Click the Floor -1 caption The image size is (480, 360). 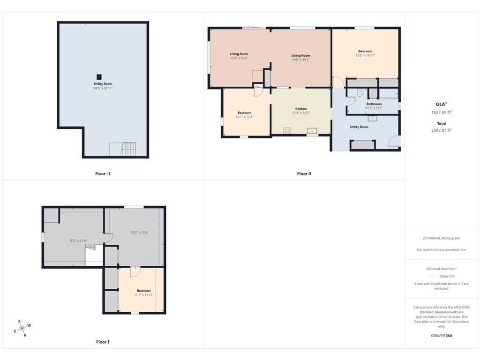point(103,173)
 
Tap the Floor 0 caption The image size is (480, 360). point(304,173)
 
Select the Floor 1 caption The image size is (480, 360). point(103,342)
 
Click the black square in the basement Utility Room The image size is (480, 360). point(99,77)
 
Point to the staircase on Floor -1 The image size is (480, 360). point(128,149)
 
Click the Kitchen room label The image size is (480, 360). point(301,109)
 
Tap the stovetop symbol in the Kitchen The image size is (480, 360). point(287,131)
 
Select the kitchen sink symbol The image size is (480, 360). point(312,131)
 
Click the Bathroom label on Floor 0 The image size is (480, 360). point(374,104)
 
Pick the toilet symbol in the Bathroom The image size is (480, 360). point(360,92)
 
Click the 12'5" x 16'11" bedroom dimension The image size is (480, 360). point(365,55)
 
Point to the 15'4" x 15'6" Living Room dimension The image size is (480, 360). point(239,58)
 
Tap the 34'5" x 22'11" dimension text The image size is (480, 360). point(103,88)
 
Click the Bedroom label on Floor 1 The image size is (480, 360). point(143,291)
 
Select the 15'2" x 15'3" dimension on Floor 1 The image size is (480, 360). point(140,232)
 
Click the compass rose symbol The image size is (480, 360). point(22,329)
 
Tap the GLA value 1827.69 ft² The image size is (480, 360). point(442,112)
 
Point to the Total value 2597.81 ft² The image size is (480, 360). point(442,130)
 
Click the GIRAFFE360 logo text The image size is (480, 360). point(442,336)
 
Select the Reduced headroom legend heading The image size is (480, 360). point(442,269)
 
